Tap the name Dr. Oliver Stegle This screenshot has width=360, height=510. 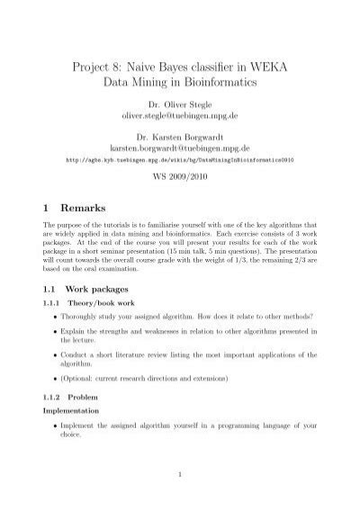click(178, 106)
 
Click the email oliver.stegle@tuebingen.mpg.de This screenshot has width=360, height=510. click(178, 117)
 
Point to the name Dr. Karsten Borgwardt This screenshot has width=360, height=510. click(178, 137)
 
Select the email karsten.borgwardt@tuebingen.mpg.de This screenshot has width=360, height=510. click(178, 148)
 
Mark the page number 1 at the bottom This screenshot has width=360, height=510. click(179, 474)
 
